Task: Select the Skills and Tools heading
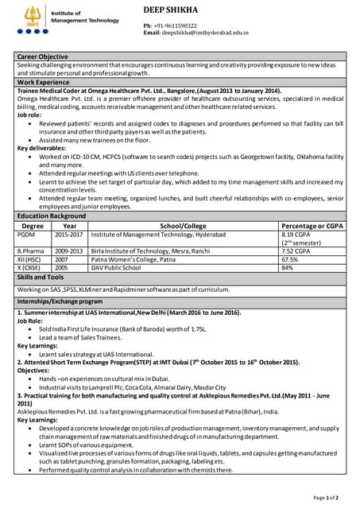click(41, 277)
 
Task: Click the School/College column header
click(183, 226)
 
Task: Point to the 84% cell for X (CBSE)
click(288, 268)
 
